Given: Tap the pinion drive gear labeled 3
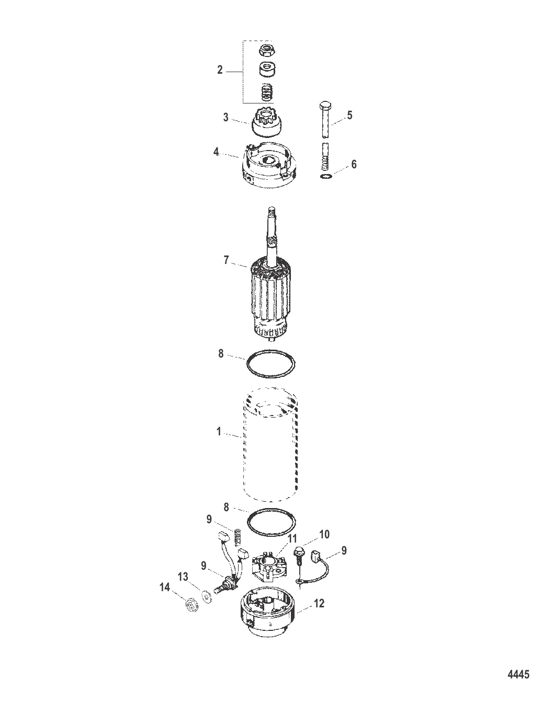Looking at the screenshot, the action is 267,122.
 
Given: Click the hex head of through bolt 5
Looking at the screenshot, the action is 325,106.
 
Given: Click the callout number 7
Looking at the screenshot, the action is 227,260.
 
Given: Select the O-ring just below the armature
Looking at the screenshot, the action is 270,363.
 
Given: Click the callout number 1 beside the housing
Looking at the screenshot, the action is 219,432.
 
